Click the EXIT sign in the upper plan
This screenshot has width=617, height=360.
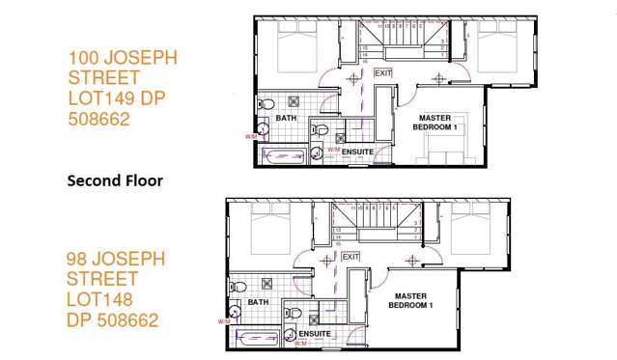383,72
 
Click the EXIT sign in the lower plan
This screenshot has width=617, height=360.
350,256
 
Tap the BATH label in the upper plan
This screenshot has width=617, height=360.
287,118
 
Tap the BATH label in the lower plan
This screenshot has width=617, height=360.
258,301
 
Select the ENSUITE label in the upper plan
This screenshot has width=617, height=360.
357,150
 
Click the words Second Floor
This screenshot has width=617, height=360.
115,180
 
